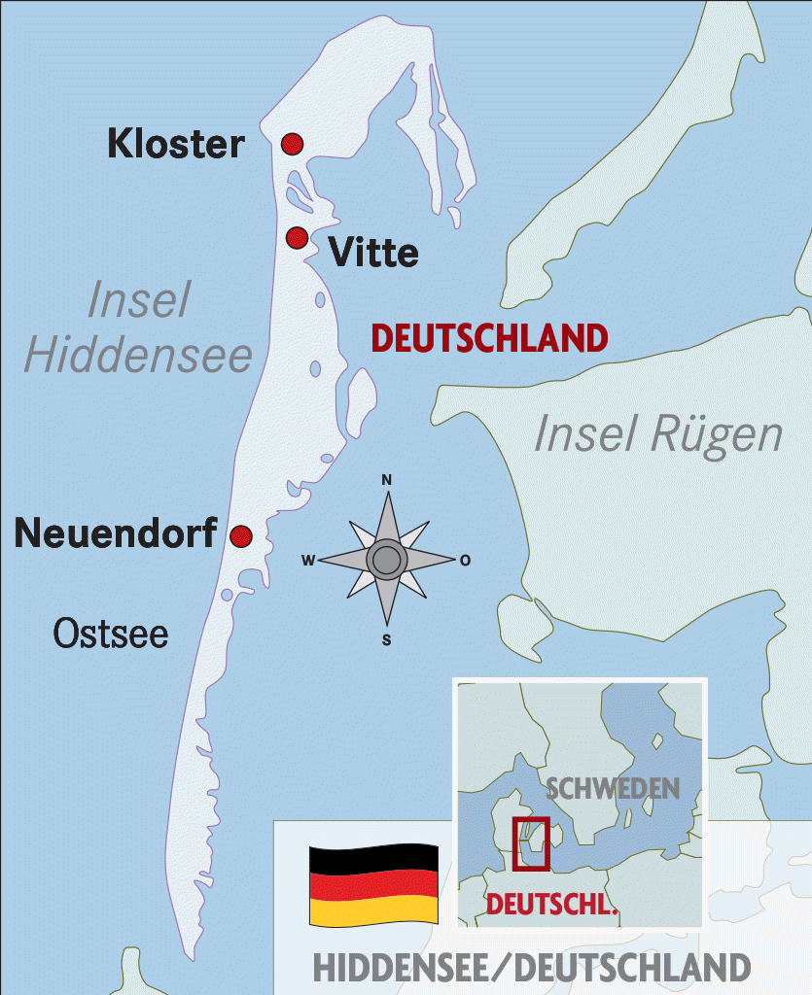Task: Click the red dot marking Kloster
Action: (x=292, y=144)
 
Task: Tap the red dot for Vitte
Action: (x=297, y=237)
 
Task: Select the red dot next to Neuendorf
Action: (x=240, y=535)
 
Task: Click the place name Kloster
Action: (x=176, y=144)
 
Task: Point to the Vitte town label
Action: (x=374, y=254)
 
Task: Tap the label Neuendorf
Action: (x=116, y=532)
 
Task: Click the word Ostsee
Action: (x=110, y=635)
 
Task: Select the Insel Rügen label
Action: (x=658, y=434)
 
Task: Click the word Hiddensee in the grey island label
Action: (x=138, y=356)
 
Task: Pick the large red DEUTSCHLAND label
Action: (x=490, y=338)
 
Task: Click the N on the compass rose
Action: (x=386, y=480)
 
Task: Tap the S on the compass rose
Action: (x=386, y=639)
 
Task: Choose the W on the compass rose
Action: (x=307, y=560)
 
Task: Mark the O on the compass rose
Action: (x=466, y=560)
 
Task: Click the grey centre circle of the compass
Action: (x=386, y=560)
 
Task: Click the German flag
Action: (x=373, y=884)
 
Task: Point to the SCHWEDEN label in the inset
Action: (x=613, y=787)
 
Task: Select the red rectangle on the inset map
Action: (x=531, y=843)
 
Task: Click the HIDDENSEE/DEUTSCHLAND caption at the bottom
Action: (x=532, y=968)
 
